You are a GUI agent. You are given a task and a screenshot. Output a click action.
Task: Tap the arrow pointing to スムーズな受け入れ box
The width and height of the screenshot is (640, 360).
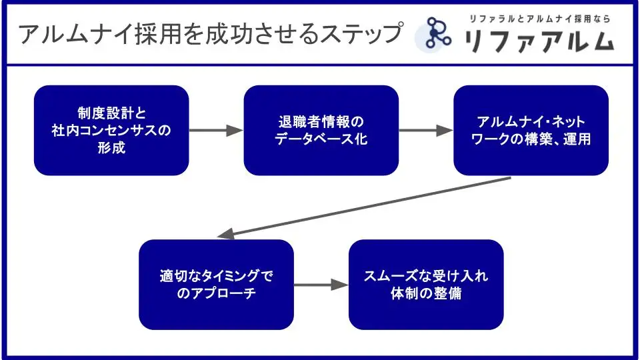(x=321, y=285)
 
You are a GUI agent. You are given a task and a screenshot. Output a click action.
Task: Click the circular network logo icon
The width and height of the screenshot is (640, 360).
(x=437, y=34)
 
